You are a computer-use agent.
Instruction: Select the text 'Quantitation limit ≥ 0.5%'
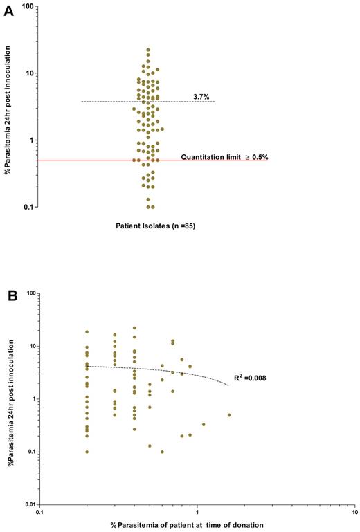[224, 157]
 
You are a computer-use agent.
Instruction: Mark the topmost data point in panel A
[148, 50]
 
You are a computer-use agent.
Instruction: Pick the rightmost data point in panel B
[229, 415]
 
